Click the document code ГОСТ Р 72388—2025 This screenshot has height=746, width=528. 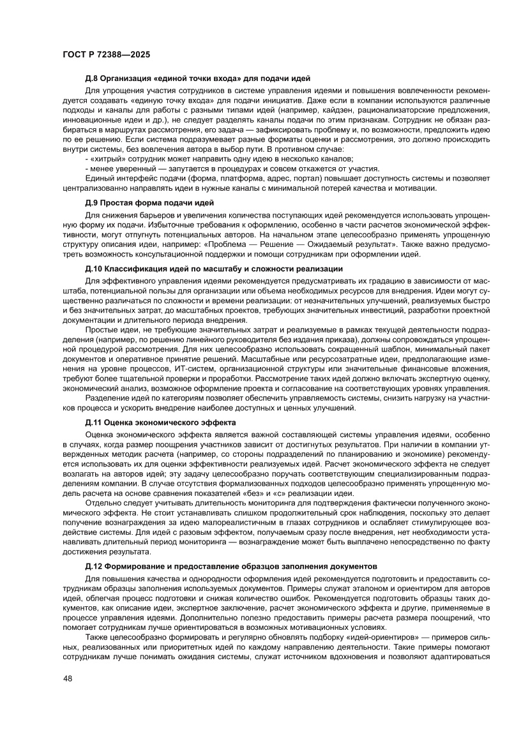pyautogui.click(x=107, y=55)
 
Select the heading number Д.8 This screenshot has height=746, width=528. pyautogui.click(x=93, y=78)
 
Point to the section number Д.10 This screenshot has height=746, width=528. pyautogui.click(x=94, y=269)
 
